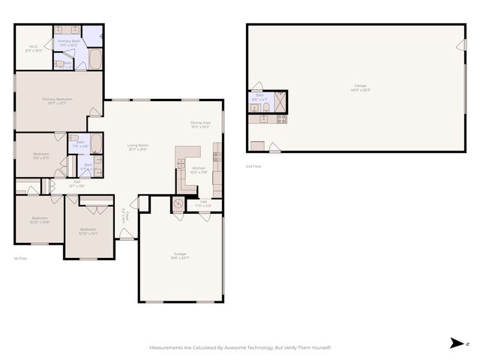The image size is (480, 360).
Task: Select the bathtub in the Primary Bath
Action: tap(97, 59)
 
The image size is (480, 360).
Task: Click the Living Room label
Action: tap(137, 148)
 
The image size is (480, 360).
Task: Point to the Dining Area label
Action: tap(199, 124)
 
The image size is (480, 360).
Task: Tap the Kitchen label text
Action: tap(198, 169)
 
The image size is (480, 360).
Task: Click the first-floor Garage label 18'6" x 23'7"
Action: tap(180, 256)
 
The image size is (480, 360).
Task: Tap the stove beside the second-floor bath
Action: tap(282, 118)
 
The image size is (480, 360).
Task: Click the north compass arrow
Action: tap(457, 343)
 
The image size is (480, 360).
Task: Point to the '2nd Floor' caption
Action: tap(253, 166)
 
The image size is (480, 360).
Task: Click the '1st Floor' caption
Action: tap(20, 258)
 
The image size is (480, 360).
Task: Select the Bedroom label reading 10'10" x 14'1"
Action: tap(88, 231)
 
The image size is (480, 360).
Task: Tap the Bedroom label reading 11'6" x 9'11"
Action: tap(40, 156)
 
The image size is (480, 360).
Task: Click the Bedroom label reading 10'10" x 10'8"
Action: tap(40, 220)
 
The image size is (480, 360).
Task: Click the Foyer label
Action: tap(124, 216)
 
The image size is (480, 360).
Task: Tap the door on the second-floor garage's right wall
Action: tap(459, 44)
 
